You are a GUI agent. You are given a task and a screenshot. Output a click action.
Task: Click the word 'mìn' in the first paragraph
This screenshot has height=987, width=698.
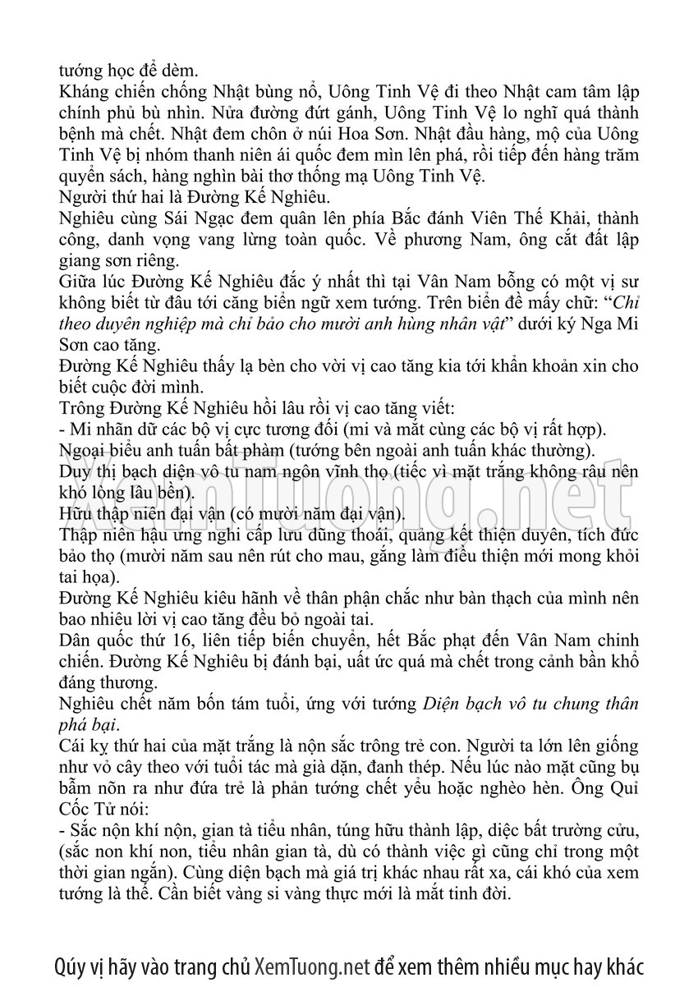392,154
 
